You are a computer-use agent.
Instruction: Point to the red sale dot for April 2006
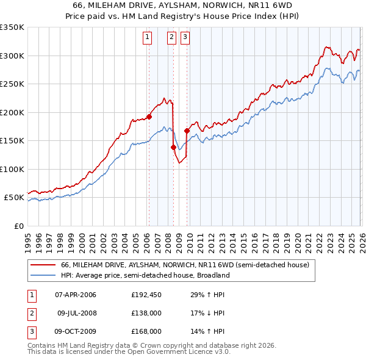[x=149, y=117]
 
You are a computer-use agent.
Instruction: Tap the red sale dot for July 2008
[x=173, y=147]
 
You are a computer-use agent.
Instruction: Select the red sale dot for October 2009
[x=187, y=130]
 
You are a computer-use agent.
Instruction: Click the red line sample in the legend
[x=43, y=265]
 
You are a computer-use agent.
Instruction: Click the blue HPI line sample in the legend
[x=43, y=275]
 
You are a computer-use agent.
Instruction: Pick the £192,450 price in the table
[x=146, y=295]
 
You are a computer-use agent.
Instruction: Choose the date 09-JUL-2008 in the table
[x=76, y=313]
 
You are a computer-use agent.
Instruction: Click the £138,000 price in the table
[x=146, y=313]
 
